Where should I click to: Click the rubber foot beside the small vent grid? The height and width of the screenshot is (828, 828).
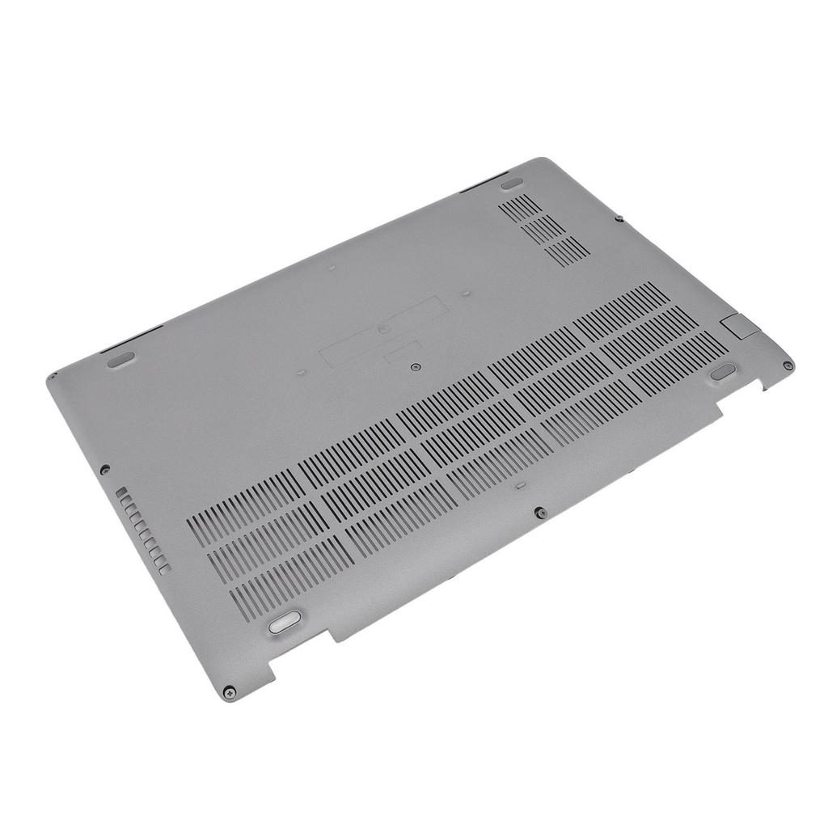click(x=510, y=185)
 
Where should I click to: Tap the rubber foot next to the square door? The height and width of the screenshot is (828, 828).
click(x=723, y=371)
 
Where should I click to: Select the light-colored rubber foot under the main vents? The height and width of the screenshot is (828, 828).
click(x=283, y=621)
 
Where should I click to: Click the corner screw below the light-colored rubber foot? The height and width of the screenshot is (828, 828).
click(x=230, y=693)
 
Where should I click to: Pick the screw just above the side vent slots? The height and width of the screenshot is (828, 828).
click(x=104, y=467)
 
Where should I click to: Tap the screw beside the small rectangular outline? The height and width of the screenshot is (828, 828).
click(x=415, y=366)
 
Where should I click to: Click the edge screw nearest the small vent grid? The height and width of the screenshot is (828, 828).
click(x=619, y=218)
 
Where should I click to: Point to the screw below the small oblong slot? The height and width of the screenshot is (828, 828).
click(x=540, y=513)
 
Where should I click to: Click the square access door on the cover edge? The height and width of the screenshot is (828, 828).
click(x=737, y=326)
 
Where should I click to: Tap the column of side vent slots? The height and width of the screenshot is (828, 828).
click(x=142, y=530)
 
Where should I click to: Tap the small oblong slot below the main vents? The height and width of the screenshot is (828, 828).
click(x=518, y=487)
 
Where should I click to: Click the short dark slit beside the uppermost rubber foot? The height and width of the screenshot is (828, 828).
click(x=484, y=184)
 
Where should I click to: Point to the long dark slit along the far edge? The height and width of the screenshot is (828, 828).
click(x=133, y=337)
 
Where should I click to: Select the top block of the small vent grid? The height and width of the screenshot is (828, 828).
click(x=521, y=205)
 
